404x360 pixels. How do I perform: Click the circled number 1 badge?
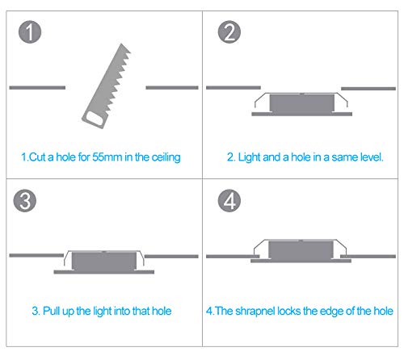pyautogui.click(x=30, y=32)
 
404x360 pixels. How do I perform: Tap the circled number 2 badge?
pyautogui.click(x=229, y=32)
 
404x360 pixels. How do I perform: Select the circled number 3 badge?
pyautogui.click(x=25, y=201)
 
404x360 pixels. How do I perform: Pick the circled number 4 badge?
pyautogui.click(x=229, y=201)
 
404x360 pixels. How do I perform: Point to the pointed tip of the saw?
pyautogui.click(x=122, y=44)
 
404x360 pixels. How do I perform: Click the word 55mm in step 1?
pyautogui.click(x=107, y=157)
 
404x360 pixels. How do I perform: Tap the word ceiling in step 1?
pyautogui.click(x=166, y=157)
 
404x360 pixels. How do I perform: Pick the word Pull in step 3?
pyautogui.click(x=52, y=311)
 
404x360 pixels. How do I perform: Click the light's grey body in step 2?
pyautogui.click(x=302, y=103)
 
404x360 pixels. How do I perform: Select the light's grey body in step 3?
pyautogui.click(x=104, y=262)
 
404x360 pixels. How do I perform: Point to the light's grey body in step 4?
pyautogui.click(x=301, y=250)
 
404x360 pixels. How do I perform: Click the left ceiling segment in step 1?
pyautogui.click(x=37, y=87)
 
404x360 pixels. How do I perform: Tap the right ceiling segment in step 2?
pyautogui.click(x=368, y=89)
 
